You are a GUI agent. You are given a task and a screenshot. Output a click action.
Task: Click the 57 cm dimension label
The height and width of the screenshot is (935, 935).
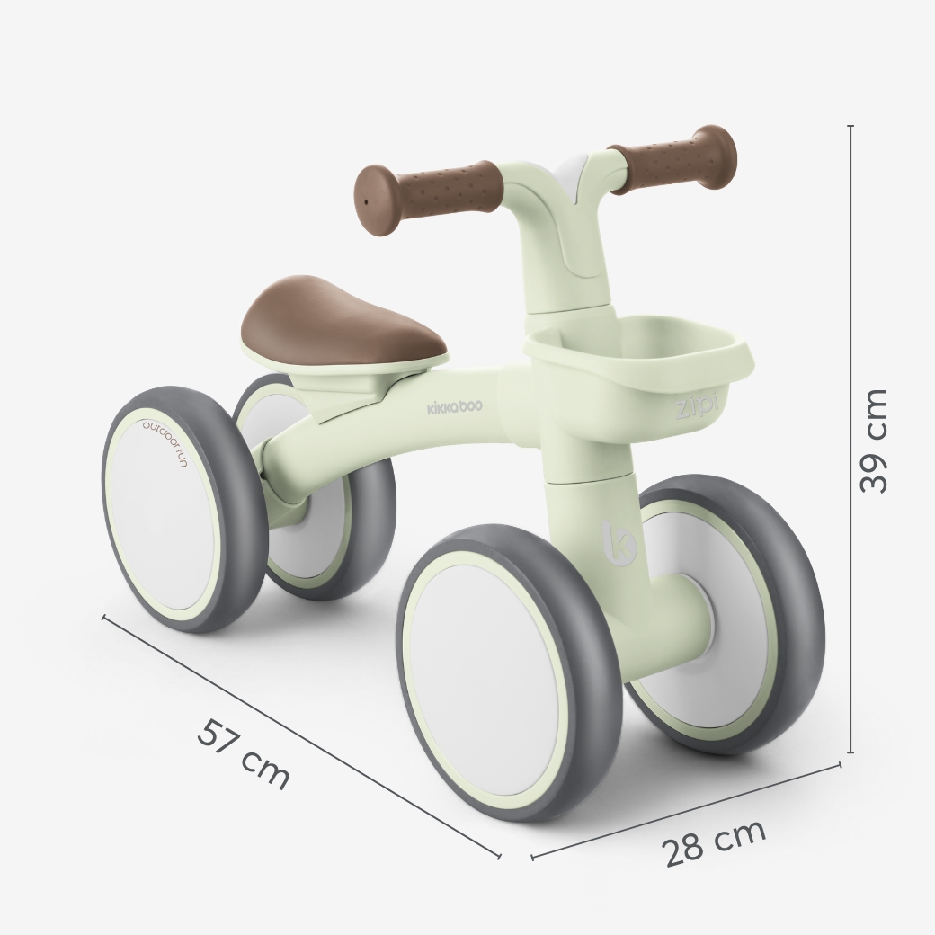(x=244, y=754)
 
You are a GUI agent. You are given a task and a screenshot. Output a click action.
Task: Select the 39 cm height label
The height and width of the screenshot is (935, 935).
(x=874, y=441)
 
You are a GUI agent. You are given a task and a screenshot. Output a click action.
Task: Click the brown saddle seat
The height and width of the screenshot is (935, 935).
(x=344, y=318)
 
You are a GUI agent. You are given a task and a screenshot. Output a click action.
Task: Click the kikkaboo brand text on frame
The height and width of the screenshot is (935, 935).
(x=455, y=406)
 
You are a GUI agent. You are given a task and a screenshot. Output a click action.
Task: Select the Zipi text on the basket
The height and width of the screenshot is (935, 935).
(x=696, y=408)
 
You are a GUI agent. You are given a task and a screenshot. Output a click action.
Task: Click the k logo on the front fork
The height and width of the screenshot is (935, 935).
(x=619, y=542)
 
